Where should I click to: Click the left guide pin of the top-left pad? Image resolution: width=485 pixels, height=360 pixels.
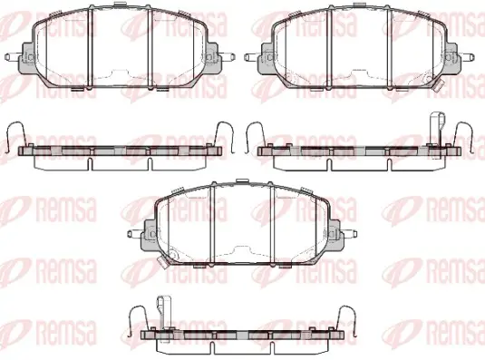(14, 57)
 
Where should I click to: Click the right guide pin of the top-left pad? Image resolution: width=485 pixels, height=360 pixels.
(227, 57)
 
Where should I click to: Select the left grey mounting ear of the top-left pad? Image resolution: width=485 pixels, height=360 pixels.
(27, 58)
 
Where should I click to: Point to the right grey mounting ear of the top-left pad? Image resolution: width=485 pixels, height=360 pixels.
(213, 58)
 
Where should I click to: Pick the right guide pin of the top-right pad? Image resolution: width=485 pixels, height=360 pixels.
(466, 57)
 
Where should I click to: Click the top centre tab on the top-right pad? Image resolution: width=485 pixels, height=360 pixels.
(358, 5)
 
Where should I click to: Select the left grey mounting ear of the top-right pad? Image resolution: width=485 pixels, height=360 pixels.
(267, 58)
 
